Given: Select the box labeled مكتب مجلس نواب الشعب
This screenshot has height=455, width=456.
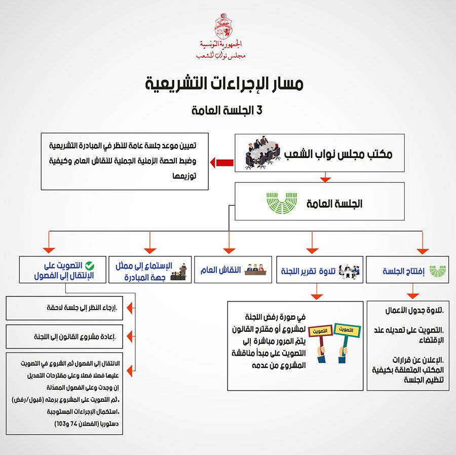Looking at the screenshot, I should [320, 154].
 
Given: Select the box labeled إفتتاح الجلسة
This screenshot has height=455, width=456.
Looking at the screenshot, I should [408, 270].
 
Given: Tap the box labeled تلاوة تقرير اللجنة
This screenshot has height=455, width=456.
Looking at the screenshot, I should [320, 270].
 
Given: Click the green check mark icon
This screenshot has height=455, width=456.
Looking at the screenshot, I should [89, 265].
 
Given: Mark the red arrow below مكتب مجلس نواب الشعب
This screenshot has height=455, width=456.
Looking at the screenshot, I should [325, 177].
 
